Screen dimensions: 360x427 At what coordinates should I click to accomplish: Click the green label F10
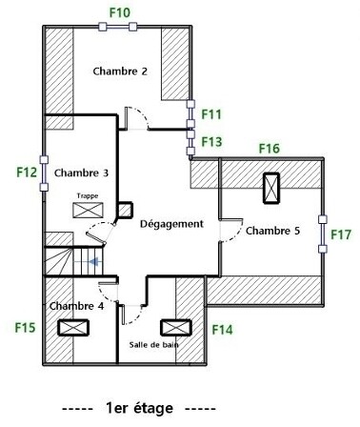tap(120, 12)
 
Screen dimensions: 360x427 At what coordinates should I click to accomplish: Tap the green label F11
tap(211, 114)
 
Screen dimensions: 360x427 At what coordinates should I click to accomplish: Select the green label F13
tap(211, 142)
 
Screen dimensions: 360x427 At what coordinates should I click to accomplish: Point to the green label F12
tap(27, 173)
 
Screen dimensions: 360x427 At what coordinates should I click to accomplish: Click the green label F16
tap(270, 149)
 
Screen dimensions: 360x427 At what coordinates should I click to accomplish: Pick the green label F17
tap(341, 234)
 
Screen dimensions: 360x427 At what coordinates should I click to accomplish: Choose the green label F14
tap(222, 330)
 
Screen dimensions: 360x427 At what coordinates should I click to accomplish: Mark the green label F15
tap(25, 328)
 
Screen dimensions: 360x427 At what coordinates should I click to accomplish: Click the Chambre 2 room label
tap(120, 71)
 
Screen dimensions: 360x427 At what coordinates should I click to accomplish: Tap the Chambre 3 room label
tap(81, 173)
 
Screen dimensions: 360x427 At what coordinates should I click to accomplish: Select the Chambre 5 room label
tap(272, 231)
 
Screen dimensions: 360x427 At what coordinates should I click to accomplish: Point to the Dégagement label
tap(171, 224)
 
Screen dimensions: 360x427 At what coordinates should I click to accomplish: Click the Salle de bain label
tap(153, 345)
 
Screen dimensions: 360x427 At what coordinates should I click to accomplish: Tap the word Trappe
tap(88, 196)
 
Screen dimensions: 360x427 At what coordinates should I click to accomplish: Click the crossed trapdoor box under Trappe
tap(88, 211)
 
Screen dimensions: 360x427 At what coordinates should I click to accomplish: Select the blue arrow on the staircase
tap(94, 262)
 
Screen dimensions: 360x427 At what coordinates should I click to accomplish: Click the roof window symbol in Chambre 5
tap(271, 188)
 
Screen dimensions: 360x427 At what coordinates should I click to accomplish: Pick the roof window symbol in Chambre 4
tap(73, 328)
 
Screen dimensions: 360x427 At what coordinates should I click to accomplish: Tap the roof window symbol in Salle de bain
tap(176, 328)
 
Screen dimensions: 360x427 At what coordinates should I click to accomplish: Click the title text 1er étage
tap(140, 408)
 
